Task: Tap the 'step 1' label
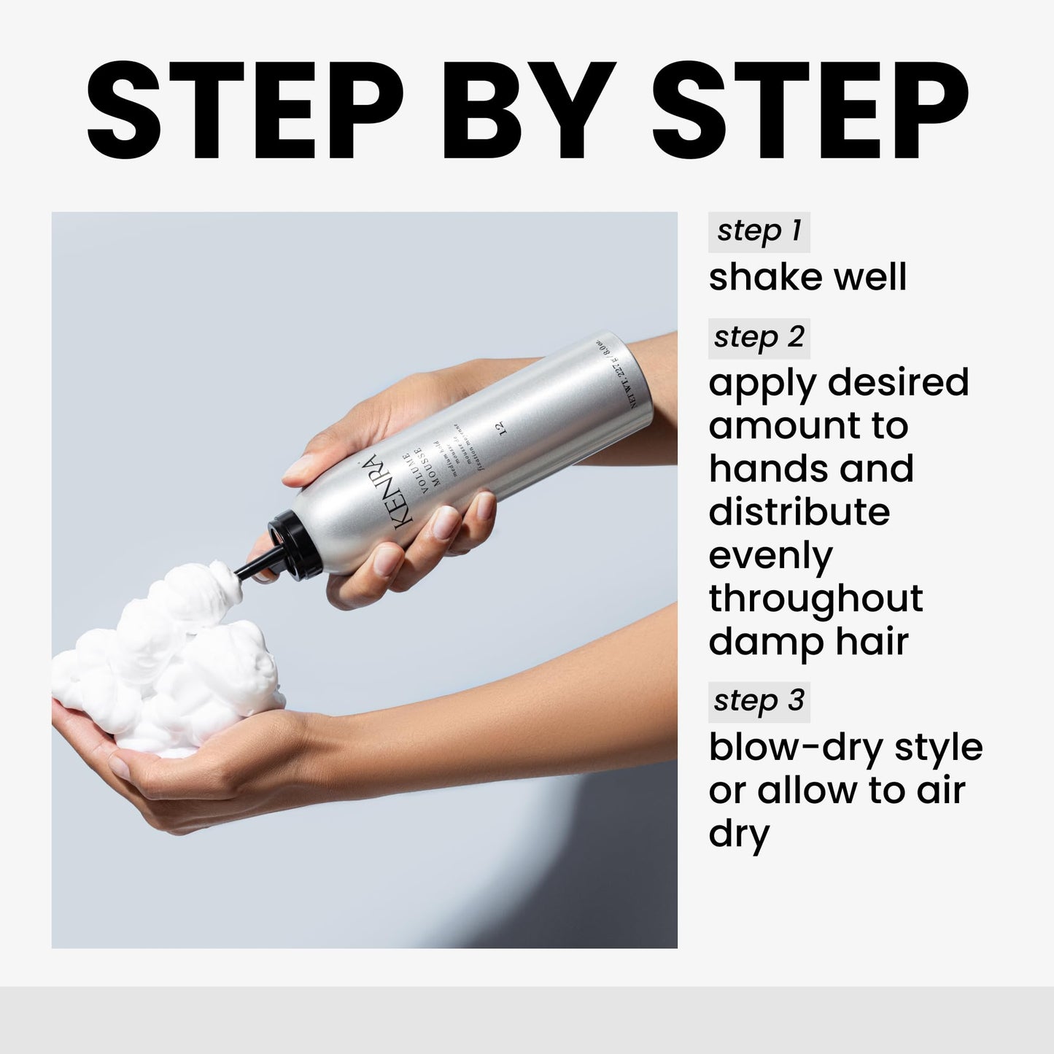(x=759, y=231)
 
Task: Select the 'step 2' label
(x=759, y=338)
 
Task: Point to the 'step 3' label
(x=759, y=701)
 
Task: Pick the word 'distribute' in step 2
(x=799, y=512)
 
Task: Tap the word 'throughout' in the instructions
(x=815, y=600)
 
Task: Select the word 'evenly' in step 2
(x=770, y=557)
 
